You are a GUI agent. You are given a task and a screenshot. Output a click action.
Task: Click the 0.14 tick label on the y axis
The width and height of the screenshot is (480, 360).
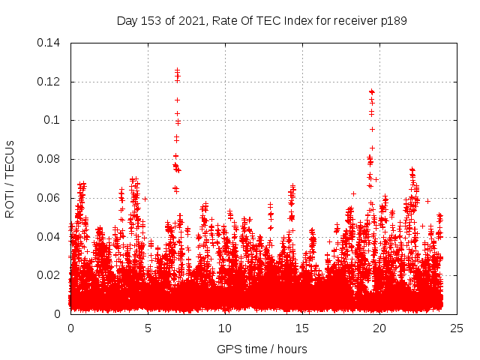tap(50, 42)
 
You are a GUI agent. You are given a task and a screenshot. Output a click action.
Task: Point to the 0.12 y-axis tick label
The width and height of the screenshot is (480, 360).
tap(50, 81)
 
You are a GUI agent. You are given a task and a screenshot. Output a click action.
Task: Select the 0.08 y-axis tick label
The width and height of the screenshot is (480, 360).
tap(50, 159)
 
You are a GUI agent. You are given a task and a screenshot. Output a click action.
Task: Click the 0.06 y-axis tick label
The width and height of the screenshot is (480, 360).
tap(50, 198)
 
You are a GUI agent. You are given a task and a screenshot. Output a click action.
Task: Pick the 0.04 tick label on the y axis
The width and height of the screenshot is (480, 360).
tap(50, 237)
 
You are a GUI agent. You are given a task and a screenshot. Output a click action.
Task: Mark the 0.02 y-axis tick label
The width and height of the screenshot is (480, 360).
tap(50, 275)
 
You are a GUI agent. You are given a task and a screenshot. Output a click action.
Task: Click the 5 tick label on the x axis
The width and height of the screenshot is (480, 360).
tap(148, 328)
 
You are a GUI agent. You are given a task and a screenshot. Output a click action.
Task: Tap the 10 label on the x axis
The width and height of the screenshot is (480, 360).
tap(225, 328)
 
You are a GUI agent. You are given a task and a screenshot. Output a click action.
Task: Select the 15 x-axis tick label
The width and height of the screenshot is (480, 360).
tap(302, 328)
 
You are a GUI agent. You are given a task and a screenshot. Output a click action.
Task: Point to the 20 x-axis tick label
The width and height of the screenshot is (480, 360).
tap(379, 328)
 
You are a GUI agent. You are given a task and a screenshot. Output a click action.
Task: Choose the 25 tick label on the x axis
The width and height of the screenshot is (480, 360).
tap(457, 328)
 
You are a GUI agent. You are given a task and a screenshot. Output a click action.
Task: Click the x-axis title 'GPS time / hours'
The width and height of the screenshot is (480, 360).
tap(262, 349)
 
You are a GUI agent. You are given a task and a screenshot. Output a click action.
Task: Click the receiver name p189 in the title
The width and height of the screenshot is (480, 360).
tap(393, 20)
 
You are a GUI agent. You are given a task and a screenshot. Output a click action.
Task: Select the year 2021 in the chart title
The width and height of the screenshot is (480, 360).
tap(193, 20)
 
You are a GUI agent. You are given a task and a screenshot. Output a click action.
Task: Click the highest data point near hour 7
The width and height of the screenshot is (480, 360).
tap(178, 70)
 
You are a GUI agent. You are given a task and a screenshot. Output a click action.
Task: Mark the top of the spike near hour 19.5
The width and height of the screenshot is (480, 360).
tap(371, 91)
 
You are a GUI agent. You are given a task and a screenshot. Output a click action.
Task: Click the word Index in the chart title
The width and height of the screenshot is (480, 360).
tap(300, 20)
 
